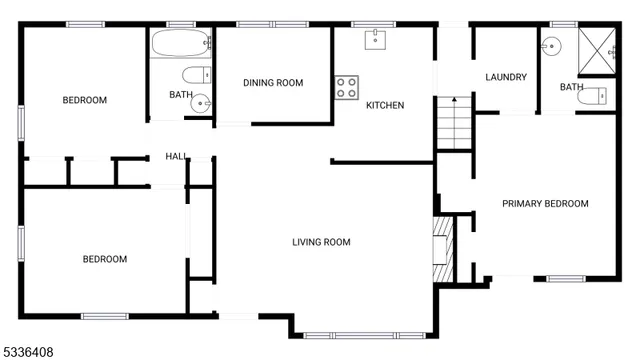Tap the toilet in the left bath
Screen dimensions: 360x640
196,73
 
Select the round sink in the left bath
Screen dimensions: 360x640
202,101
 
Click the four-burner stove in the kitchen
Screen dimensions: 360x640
346,88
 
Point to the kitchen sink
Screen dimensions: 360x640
376,39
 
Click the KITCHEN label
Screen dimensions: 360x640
385,105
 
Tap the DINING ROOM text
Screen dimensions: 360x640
273,83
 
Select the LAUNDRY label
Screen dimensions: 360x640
505,78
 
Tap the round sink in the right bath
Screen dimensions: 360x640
553,46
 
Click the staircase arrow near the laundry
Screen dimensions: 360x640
452,101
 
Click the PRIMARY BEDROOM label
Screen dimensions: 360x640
545,204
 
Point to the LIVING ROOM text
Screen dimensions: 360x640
321,242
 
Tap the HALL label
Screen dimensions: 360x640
176,157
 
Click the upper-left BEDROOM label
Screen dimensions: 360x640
85,100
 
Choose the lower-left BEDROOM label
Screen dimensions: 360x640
104,260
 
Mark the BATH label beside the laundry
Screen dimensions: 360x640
571,88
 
